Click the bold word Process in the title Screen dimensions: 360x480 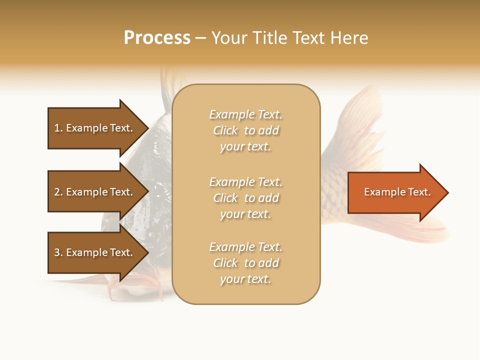(157, 38)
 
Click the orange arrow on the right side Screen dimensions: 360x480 (395, 192)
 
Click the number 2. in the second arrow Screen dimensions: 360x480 (58, 192)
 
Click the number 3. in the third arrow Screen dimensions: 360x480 (58, 252)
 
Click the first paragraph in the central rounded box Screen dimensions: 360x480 (245, 130)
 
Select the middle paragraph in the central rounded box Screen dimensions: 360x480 (245, 197)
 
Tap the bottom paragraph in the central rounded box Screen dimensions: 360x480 (245, 263)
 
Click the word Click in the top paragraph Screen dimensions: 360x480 (225, 130)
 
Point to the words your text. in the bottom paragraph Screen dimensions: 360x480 (245, 279)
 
